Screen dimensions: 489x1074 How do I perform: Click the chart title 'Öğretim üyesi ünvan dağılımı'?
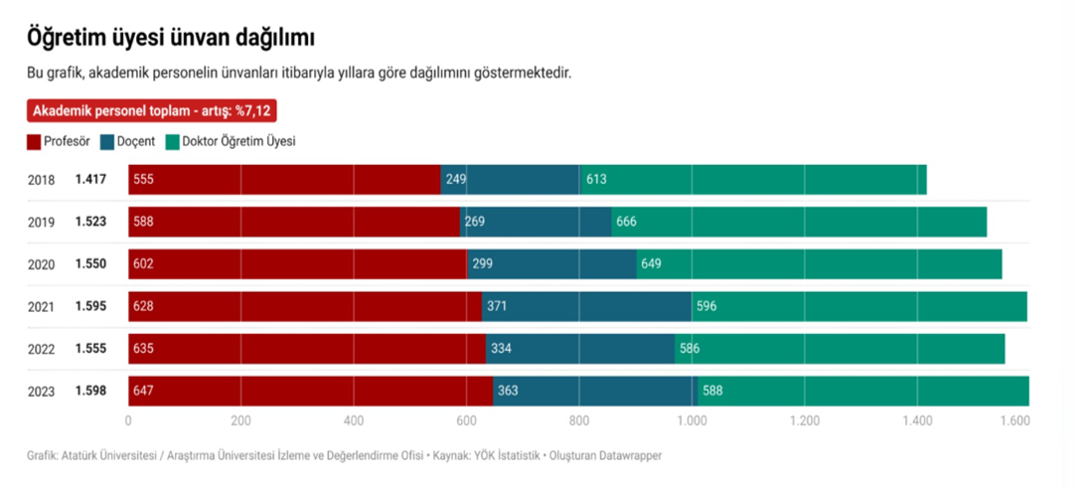coord(171,39)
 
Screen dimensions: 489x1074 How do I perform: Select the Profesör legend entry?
coord(59,141)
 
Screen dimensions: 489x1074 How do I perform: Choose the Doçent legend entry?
coord(128,141)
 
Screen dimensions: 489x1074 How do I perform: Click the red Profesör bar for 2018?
coord(284,180)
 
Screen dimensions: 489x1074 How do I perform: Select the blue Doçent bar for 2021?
coord(586,306)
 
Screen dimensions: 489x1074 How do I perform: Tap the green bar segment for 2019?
coord(799,222)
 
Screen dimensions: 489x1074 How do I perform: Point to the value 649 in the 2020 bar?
coord(652,264)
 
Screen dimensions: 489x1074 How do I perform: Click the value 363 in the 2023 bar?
coord(508,391)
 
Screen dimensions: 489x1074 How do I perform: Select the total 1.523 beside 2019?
coord(90,222)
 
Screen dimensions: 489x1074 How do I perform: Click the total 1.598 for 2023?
coord(90,391)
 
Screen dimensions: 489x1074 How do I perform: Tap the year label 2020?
coord(42,264)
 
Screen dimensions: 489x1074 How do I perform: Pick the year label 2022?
coord(42,349)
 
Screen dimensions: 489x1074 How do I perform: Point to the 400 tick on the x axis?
coord(354,421)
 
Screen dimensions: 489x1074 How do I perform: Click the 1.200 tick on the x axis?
coord(804,421)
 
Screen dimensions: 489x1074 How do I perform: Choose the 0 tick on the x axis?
coord(128,421)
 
